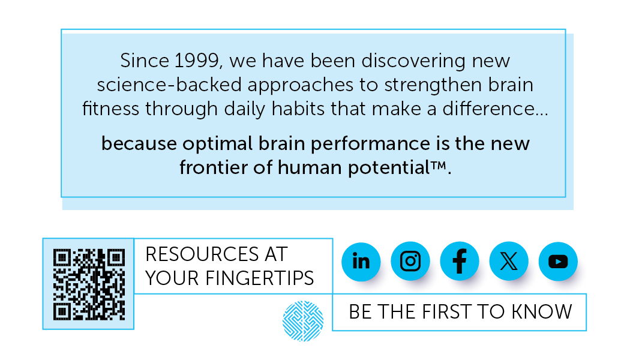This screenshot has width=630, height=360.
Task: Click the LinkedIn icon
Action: (361, 262)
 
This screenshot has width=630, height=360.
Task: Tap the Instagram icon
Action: (410, 261)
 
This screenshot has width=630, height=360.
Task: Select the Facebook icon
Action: (460, 261)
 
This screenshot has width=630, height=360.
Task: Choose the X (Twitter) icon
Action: (509, 261)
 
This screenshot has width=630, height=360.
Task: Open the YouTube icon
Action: (558, 261)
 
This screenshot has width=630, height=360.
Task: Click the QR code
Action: (89, 284)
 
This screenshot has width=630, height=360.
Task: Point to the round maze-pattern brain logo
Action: (303, 321)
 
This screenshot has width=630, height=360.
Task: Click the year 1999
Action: (197, 61)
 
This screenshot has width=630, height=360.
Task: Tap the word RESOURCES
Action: (202, 254)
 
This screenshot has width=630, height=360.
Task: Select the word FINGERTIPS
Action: (260, 278)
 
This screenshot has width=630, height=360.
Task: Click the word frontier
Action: (213, 167)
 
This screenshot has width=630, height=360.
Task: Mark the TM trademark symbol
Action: (439, 164)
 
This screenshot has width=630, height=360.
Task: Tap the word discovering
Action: (413, 61)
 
